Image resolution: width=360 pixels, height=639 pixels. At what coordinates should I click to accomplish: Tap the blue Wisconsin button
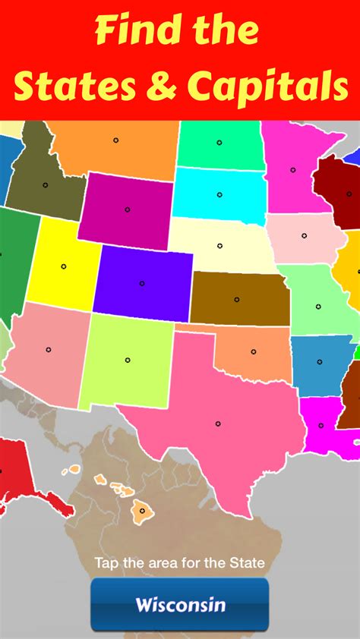[x=180, y=604]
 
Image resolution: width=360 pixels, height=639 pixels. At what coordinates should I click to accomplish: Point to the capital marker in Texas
[x=218, y=423]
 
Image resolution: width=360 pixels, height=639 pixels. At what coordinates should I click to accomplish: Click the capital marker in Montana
[x=115, y=140]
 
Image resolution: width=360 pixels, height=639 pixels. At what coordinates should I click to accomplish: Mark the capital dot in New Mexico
[x=127, y=359]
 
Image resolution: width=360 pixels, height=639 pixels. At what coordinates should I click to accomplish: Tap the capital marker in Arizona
[x=49, y=350]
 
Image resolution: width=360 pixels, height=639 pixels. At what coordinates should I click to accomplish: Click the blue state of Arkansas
[x=320, y=364]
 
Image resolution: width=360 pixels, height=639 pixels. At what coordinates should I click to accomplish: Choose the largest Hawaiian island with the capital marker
[x=141, y=511]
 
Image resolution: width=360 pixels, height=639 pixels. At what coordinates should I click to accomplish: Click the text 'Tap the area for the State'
[x=180, y=563]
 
